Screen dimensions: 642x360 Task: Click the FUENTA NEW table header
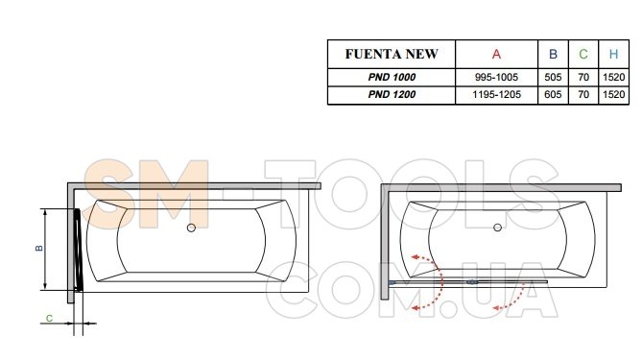[x=392, y=54]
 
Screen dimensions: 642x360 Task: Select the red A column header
[x=496, y=54]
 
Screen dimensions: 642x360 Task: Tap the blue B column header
[x=553, y=54]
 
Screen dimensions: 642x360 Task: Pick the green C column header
[x=583, y=54]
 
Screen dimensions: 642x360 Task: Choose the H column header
[x=613, y=54]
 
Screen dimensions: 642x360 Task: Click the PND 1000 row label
[x=392, y=77]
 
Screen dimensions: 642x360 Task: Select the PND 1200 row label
[x=392, y=95]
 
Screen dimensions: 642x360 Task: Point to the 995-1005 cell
[x=496, y=77]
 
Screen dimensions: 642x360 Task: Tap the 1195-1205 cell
[x=496, y=95]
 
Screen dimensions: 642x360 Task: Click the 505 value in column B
[x=553, y=77]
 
